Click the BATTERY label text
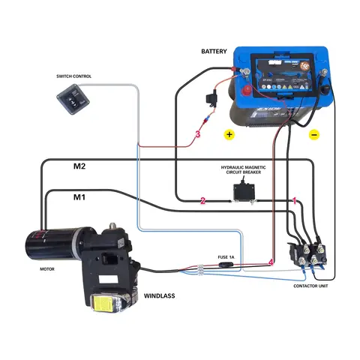[x=214, y=51]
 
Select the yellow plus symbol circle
[x=229, y=135]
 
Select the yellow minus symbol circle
[x=314, y=135]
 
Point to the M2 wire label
[x=79, y=166]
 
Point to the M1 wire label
[x=79, y=197]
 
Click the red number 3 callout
[x=197, y=134]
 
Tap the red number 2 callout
[x=202, y=201]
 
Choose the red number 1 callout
[x=295, y=201]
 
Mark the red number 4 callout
[x=271, y=261]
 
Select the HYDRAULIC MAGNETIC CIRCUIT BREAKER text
[x=243, y=170]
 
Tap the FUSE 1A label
[x=226, y=257]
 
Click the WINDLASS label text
[x=159, y=296]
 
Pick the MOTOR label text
[x=46, y=268]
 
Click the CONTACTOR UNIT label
[x=310, y=286]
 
